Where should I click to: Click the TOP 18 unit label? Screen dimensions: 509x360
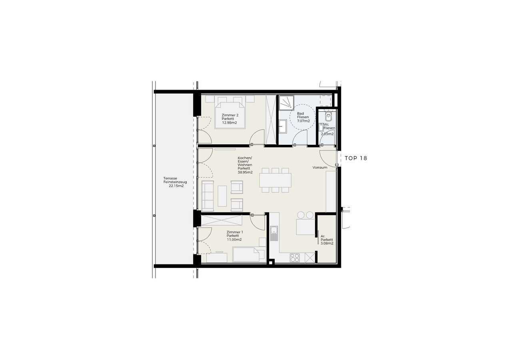356,158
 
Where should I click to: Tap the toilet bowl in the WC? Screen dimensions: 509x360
329,116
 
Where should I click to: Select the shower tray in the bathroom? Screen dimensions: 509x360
286,102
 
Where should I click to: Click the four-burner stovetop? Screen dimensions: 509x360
295,258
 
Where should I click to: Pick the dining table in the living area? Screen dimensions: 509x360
275,180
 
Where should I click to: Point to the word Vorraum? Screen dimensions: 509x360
320,168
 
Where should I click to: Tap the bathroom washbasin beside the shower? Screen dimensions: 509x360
283,126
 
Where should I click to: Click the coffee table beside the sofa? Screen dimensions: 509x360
222,196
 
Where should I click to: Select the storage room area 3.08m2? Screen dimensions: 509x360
327,243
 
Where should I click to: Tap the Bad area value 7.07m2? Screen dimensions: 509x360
303,121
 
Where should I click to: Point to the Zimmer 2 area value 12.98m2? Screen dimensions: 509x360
230,122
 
